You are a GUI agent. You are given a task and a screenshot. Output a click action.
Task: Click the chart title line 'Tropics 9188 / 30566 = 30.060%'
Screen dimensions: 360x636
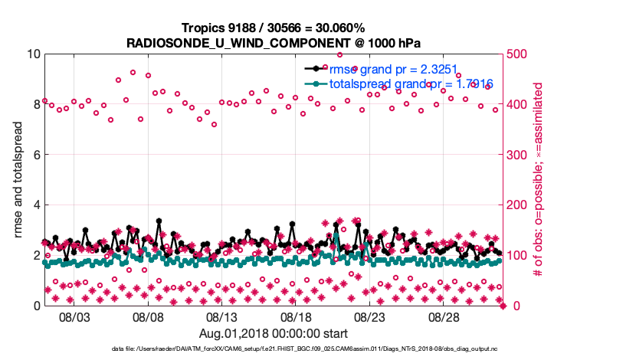tap(274, 28)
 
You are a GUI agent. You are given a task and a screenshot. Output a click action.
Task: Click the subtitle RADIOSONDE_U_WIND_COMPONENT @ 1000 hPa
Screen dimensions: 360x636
tap(274, 42)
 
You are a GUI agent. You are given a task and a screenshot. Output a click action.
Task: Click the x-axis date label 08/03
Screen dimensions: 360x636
tap(75, 317)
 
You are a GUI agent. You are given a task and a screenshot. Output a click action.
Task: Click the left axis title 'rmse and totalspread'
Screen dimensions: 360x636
tap(18, 179)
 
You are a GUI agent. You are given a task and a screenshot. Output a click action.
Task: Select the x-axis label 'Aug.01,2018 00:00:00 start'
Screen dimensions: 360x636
tap(274, 333)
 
